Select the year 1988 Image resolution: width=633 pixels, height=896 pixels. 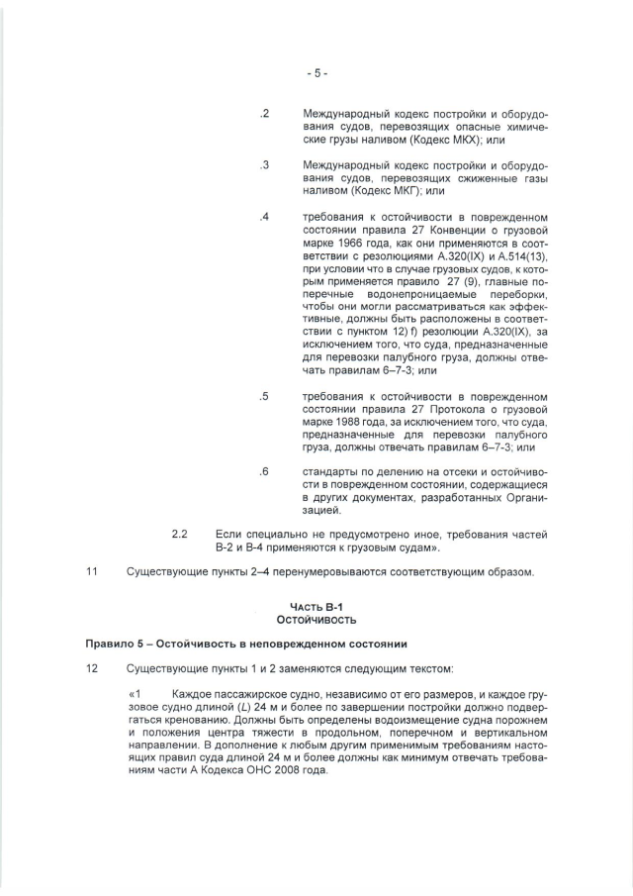[344, 422]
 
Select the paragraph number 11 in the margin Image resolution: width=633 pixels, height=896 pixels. [92, 573]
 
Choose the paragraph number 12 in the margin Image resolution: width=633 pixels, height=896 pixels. [92, 669]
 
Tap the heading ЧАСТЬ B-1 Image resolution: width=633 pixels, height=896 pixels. [316, 606]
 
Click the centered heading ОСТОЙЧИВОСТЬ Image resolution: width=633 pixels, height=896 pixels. [316, 619]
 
